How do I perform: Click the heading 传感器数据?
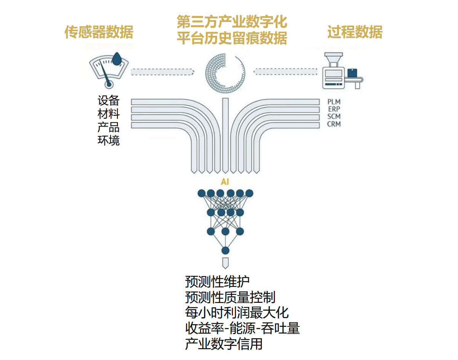tap(99, 32)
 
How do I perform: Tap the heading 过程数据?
tap(355, 32)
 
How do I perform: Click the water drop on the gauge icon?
tap(118, 59)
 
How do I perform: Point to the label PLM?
tap(334, 102)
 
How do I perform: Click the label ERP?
tap(334, 109)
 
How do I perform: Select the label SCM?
tap(334, 116)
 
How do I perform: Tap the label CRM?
tap(334, 124)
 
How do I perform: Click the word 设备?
tap(109, 101)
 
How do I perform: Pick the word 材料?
tap(109, 114)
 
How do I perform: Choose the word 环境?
tap(109, 140)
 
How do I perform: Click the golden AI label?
tap(225, 182)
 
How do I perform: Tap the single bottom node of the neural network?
tap(225, 251)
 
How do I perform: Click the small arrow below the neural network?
tap(225, 263)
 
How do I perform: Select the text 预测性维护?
tap(217, 282)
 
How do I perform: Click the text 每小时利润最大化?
tap(237, 313)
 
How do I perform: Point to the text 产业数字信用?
tap(224, 344)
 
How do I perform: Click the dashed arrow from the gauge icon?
tap(163, 72)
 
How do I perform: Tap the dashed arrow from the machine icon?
tap(286, 72)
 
